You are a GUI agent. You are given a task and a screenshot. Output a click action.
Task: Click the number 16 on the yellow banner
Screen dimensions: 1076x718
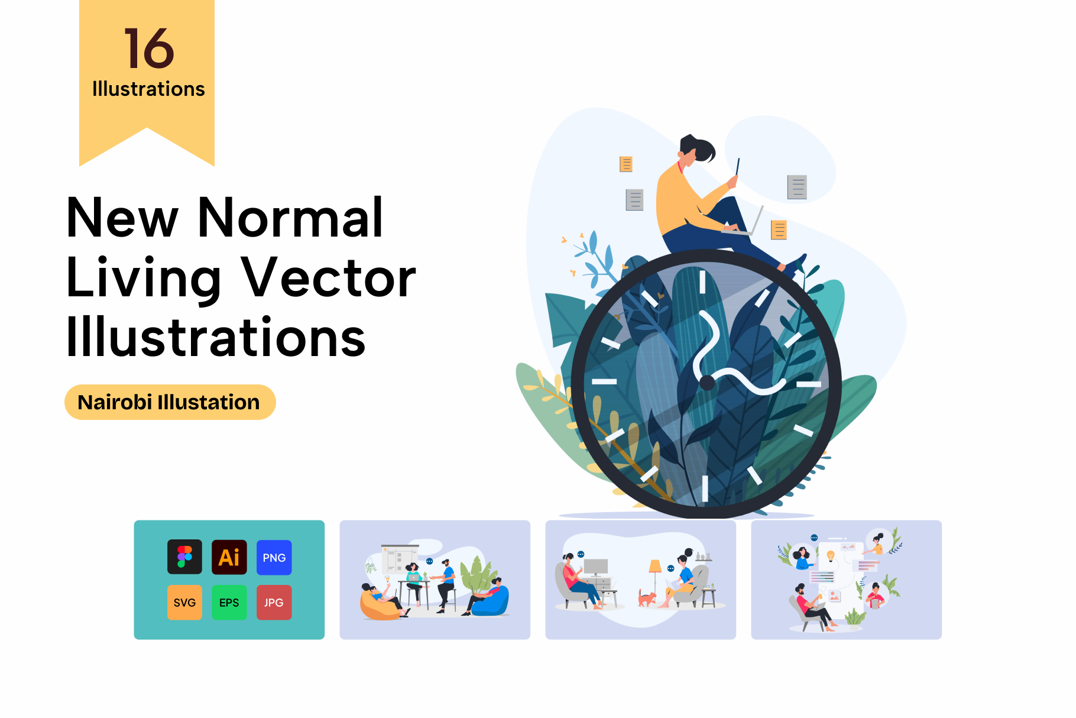tap(149, 48)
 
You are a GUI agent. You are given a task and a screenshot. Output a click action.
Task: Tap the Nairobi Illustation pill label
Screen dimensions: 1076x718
tap(170, 402)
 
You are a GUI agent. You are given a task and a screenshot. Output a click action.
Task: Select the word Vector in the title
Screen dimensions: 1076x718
tap(330, 278)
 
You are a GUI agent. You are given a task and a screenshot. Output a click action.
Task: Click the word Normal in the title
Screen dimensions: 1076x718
tap(290, 218)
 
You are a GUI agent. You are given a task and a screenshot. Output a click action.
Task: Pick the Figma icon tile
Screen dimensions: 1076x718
tap(184, 557)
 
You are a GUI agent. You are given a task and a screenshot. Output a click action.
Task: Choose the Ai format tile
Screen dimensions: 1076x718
tap(229, 557)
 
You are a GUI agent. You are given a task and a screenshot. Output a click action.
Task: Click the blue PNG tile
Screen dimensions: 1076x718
tap(274, 557)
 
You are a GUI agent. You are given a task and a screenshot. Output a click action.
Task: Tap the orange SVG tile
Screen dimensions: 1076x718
tap(184, 602)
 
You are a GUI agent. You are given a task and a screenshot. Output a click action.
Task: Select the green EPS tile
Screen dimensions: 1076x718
tap(229, 602)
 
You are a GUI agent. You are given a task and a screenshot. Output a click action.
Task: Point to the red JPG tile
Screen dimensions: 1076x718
tap(274, 602)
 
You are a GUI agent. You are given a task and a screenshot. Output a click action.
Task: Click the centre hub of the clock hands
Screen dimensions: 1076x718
tap(707, 383)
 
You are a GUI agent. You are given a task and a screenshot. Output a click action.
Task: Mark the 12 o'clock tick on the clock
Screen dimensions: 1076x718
tap(702, 282)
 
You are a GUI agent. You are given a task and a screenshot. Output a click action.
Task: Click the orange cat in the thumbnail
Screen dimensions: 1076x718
tap(647, 599)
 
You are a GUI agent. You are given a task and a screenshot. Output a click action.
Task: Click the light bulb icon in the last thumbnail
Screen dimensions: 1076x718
tap(831, 556)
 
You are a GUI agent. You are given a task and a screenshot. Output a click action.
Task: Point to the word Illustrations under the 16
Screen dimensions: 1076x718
tap(148, 89)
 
